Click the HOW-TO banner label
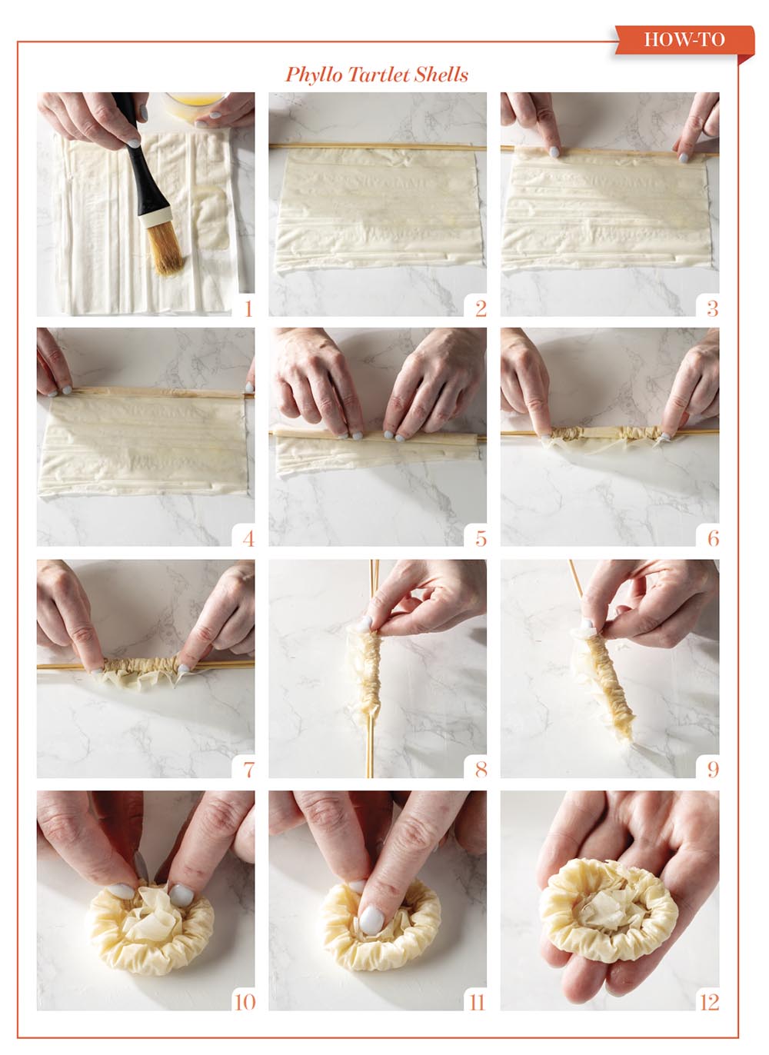(x=684, y=39)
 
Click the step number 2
(x=481, y=308)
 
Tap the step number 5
(x=481, y=538)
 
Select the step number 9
(x=713, y=769)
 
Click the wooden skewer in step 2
(x=378, y=147)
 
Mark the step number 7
(x=248, y=769)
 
